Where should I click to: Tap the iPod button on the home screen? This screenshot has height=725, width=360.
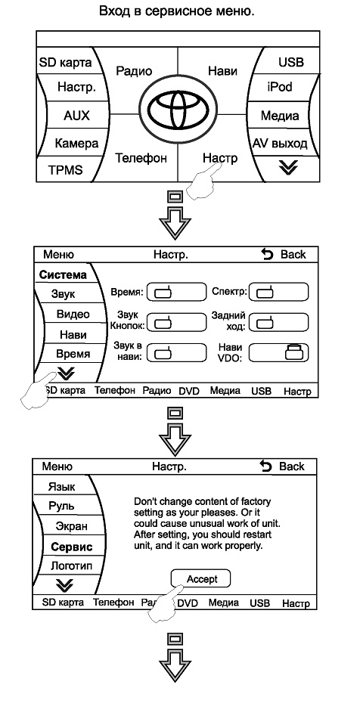tap(280, 86)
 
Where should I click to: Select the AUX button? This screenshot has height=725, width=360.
tap(76, 115)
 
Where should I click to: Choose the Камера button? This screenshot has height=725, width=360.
tap(76, 143)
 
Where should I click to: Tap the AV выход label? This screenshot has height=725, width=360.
tap(280, 144)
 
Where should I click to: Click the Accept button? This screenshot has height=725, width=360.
tap(201, 579)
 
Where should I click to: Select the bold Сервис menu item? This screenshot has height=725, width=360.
tap(72, 547)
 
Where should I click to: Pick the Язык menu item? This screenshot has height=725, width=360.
tap(61, 486)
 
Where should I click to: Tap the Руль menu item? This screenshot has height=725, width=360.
tap(61, 506)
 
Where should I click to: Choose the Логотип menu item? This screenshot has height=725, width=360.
tap(71, 565)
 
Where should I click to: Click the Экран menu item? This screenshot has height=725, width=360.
tap(71, 526)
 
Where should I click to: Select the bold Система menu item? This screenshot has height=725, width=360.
tap(63, 274)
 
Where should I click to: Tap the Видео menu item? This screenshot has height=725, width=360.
tap(73, 314)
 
